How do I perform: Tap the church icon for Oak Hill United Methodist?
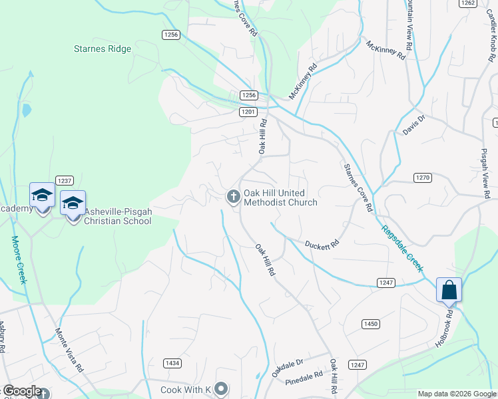pos(233,196)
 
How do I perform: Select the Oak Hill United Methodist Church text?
pos(280,198)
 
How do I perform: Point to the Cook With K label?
pos(186,389)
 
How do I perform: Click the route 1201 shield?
pos(248,112)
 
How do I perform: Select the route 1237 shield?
pos(65,181)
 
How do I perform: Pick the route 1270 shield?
pos(423,178)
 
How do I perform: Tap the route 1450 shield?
pos(371,323)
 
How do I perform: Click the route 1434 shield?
pos(172,363)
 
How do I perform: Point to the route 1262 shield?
pos(468,3)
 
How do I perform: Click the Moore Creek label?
pos(19,260)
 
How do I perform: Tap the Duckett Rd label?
pos(322,244)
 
